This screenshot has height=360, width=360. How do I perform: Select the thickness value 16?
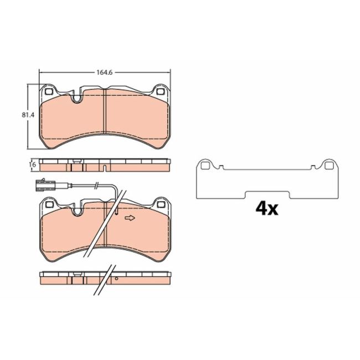tap(33, 164)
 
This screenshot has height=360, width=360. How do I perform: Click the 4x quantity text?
tap(266, 208)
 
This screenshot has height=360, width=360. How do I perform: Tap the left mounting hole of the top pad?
tap(48, 92)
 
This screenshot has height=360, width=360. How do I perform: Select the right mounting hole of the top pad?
tap(161, 92)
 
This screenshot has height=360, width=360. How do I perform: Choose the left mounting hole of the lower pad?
tap(48, 205)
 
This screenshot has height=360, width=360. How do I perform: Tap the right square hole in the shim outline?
tap(328, 164)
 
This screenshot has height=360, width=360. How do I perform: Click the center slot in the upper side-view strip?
tap(105, 167)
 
